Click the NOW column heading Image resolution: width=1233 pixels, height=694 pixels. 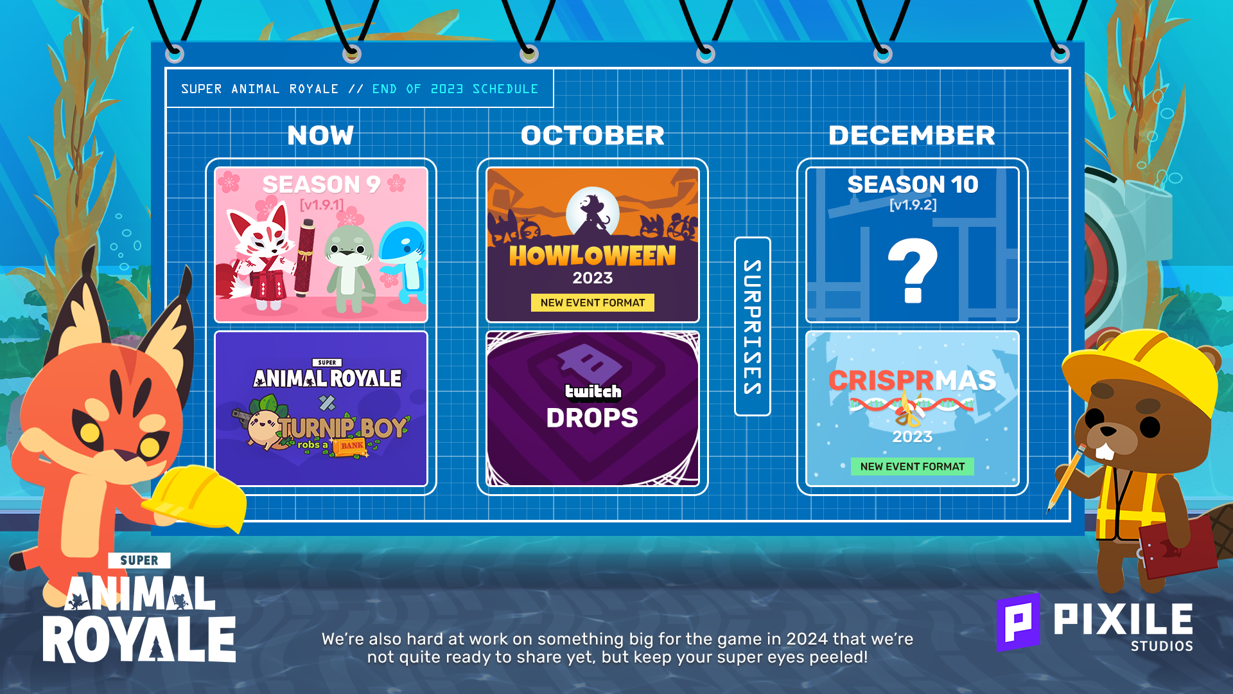(320, 136)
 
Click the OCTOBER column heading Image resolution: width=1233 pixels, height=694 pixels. (593, 136)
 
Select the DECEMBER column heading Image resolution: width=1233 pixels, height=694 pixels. (912, 136)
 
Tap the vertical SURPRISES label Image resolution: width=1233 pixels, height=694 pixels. (752, 326)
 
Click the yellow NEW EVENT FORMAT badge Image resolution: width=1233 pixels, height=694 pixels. (593, 303)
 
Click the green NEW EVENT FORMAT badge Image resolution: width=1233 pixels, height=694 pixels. (913, 467)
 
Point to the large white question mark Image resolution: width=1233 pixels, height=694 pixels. (913, 270)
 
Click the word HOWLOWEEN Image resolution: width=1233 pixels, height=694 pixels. (593, 256)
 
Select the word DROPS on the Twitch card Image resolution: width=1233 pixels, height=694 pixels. (592, 418)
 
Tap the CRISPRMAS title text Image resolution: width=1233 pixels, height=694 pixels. (913, 380)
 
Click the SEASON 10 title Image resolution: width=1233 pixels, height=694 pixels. (913, 184)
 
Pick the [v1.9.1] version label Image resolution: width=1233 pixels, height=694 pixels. (322, 205)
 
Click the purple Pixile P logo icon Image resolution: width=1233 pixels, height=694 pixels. (1018, 622)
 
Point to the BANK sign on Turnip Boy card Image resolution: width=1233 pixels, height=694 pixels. (352, 446)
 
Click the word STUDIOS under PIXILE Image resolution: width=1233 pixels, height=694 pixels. (1162, 646)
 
